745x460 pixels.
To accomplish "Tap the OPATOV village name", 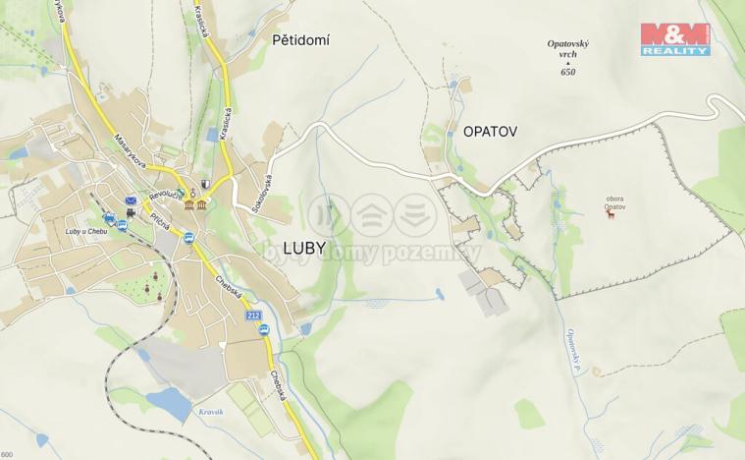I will [483, 131].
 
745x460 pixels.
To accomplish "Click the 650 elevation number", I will [567, 72].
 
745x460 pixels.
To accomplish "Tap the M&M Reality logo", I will [675, 38].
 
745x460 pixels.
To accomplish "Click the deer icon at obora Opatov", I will [612, 213].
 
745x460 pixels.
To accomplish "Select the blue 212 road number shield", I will [253, 315].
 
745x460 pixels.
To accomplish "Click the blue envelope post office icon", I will [130, 200].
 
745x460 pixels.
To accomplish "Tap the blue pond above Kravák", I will [167, 401].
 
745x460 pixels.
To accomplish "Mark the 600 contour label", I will [7, 454].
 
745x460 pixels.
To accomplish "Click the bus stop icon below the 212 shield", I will [264, 330].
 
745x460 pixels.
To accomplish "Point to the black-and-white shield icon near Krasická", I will [205, 184].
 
